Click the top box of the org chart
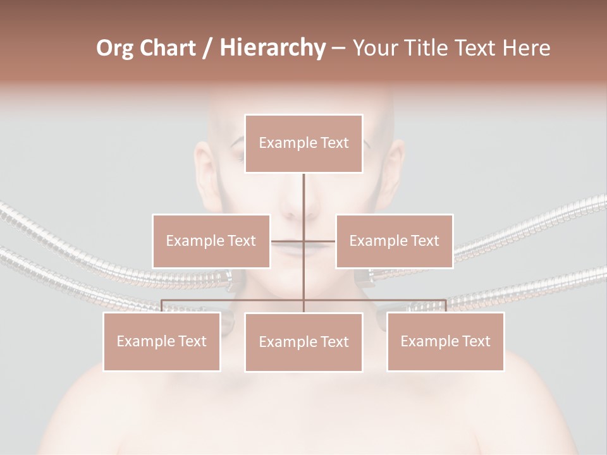click(x=303, y=143)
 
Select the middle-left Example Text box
click(x=211, y=241)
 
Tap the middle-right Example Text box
click(x=394, y=241)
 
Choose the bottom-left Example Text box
click(x=162, y=341)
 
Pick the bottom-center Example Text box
click(x=303, y=342)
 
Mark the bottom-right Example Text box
click(x=445, y=341)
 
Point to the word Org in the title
click(x=115, y=48)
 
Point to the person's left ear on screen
click(x=204, y=171)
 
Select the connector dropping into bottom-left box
click(x=162, y=306)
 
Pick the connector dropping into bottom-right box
click(x=445, y=306)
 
